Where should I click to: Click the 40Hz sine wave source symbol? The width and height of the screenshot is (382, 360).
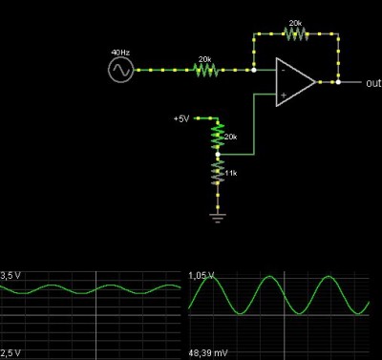pos(120,70)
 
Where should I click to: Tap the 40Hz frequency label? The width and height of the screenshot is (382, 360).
pos(120,53)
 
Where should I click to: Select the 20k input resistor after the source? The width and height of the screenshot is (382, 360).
pos(206,70)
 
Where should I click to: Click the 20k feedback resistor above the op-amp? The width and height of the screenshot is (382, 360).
pos(296,33)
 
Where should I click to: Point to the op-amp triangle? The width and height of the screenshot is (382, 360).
pos(295,82)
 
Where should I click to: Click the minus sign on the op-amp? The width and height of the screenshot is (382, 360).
pos(283,71)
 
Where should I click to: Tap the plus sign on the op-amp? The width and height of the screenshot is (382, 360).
pos(284,95)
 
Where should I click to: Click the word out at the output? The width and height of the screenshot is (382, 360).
pos(373,83)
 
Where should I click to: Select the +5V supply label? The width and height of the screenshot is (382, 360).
pos(181,119)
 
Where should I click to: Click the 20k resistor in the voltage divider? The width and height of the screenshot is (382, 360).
pos(218,137)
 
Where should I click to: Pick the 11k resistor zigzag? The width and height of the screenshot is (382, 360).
pos(218,173)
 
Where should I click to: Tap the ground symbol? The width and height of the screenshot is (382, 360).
pos(218,218)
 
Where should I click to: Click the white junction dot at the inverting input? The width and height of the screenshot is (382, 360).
pos(254,70)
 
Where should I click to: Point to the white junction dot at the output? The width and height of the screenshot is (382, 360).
pos(338,82)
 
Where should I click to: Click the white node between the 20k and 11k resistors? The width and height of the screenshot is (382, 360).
pos(218,155)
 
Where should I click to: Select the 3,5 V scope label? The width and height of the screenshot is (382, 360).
pos(11,276)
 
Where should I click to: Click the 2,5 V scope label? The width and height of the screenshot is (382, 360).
pos(11,353)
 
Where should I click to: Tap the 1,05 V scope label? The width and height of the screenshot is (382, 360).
pos(202,276)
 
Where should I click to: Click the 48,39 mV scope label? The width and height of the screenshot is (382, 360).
pos(208,353)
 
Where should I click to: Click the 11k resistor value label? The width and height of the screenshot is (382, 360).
pos(231,173)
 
